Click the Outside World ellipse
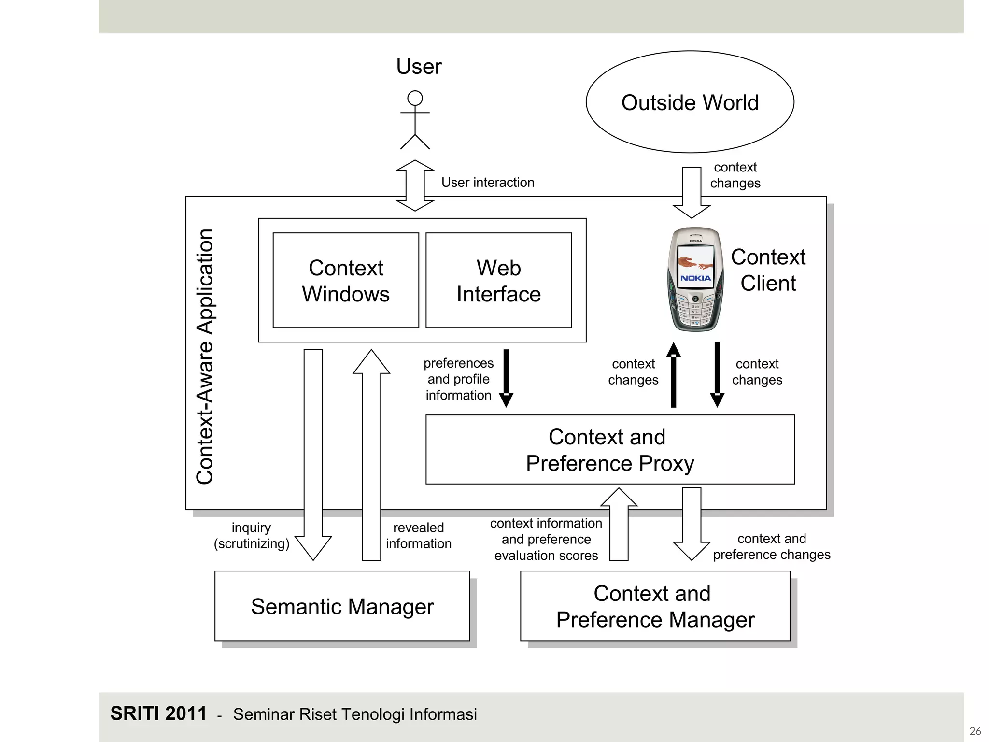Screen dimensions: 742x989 click(690, 102)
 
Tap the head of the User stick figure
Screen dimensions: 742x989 click(415, 98)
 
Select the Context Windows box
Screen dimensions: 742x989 click(346, 281)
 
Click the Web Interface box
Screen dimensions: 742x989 click(498, 281)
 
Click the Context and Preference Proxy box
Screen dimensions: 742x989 click(609, 450)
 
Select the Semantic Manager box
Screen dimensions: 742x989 click(342, 606)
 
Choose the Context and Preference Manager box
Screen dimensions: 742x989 click(655, 606)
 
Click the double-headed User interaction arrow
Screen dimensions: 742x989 click(415, 185)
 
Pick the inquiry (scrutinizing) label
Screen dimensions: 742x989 click(251, 535)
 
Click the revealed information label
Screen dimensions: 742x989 click(418, 535)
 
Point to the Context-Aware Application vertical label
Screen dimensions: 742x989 click(205, 357)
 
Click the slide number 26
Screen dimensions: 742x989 click(975, 730)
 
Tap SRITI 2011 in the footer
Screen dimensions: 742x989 click(158, 713)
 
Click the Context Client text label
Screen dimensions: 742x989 click(768, 270)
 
